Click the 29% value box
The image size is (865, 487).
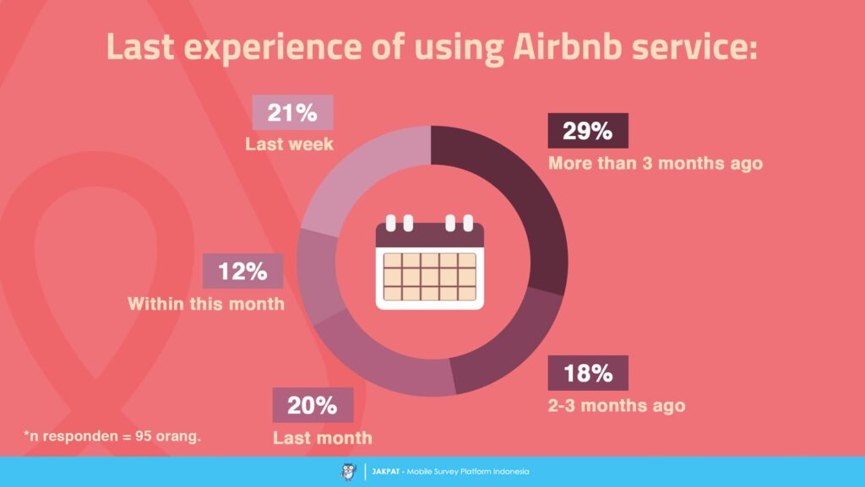point(588,131)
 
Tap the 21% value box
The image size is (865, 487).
point(292,112)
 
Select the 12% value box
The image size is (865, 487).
point(242,272)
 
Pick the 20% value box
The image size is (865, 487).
point(312,405)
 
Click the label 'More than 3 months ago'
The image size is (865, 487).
point(655,163)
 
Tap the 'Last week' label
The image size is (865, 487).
point(289,144)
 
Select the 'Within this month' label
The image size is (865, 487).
point(205,303)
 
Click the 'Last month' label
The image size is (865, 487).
point(322,437)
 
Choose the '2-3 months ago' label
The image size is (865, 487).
point(616,405)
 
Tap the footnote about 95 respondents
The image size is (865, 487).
point(112,437)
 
